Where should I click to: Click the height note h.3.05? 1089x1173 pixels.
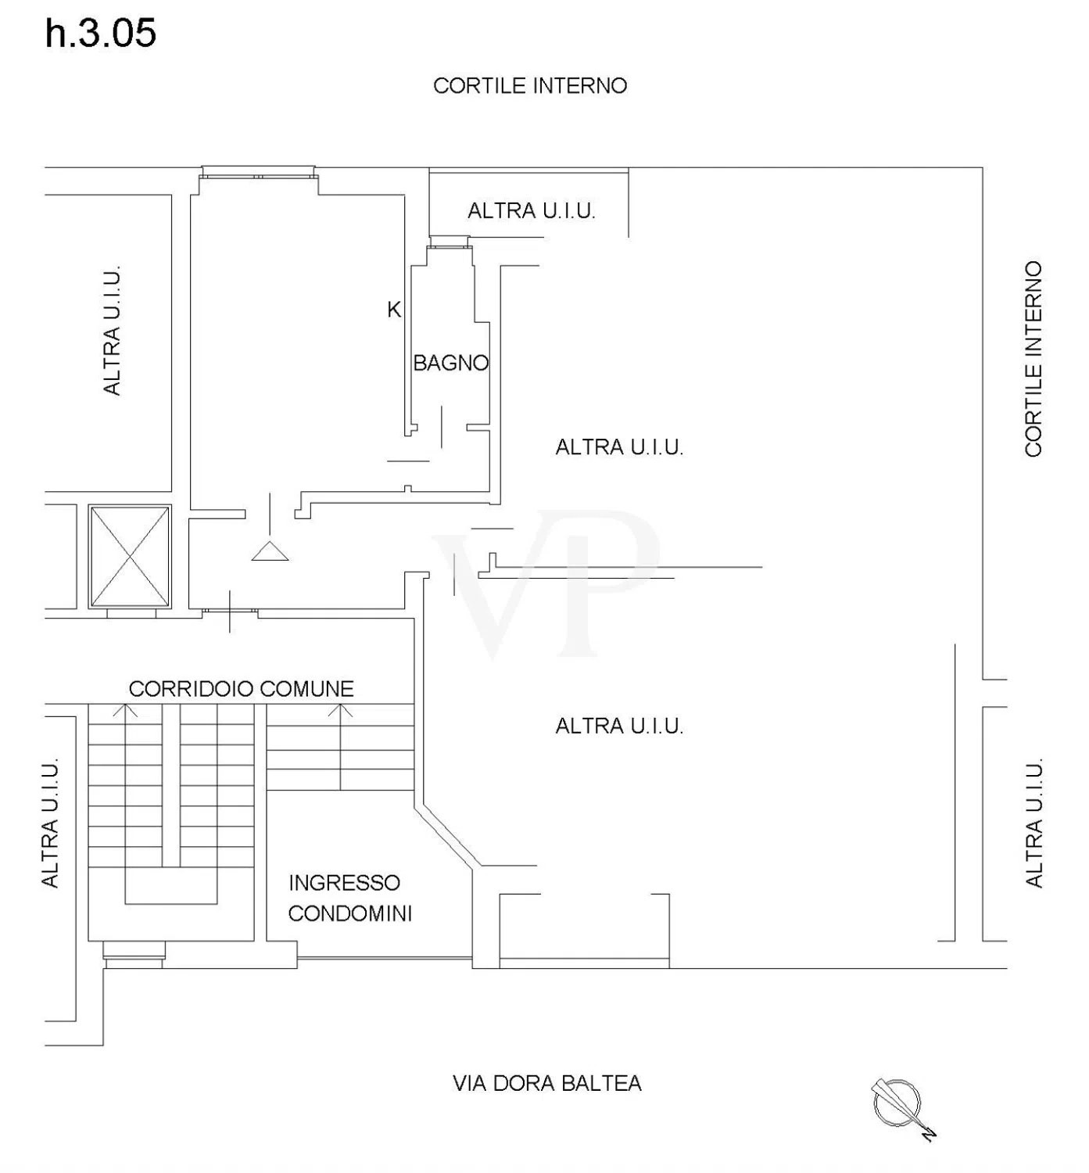[x=100, y=33]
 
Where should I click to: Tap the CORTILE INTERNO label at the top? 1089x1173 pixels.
[x=530, y=86]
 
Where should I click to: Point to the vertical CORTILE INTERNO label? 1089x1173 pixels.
[x=1033, y=359]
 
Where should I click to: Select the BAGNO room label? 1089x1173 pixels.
[x=450, y=364]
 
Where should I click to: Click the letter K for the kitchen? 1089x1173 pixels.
[x=393, y=309]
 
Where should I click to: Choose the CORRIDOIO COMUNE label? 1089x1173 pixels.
[x=241, y=689]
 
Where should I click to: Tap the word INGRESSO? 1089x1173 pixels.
[x=344, y=883]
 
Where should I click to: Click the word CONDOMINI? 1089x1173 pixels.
[x=349, y=913]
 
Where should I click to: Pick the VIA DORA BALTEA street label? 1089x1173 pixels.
[x=547, y=1083]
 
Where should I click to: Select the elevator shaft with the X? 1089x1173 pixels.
[x=130, y=556]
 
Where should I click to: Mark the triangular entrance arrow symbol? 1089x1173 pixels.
[x=270, y=551]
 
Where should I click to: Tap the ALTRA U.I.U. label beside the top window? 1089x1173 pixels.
[x=531, y=211]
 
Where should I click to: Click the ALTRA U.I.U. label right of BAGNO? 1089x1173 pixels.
[x=619, y=447]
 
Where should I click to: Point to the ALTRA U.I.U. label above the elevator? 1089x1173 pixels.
[x=112, y=330]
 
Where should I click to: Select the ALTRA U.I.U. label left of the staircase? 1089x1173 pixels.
[x=49, y=823]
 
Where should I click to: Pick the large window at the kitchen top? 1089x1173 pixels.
[x=258, y=173]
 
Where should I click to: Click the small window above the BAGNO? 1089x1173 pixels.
[x=450, y=242]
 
